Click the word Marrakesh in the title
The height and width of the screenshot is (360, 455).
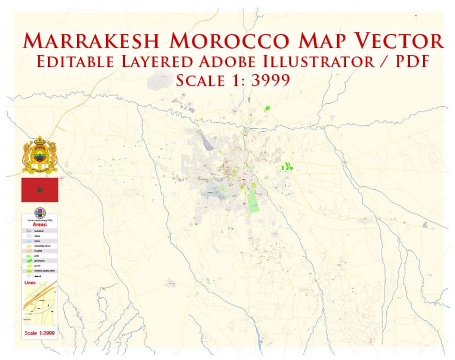[x=92, y=41]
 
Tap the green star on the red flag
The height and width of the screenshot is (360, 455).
[x=40, y=190]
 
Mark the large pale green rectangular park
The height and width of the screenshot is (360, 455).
[x=253, y=200]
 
